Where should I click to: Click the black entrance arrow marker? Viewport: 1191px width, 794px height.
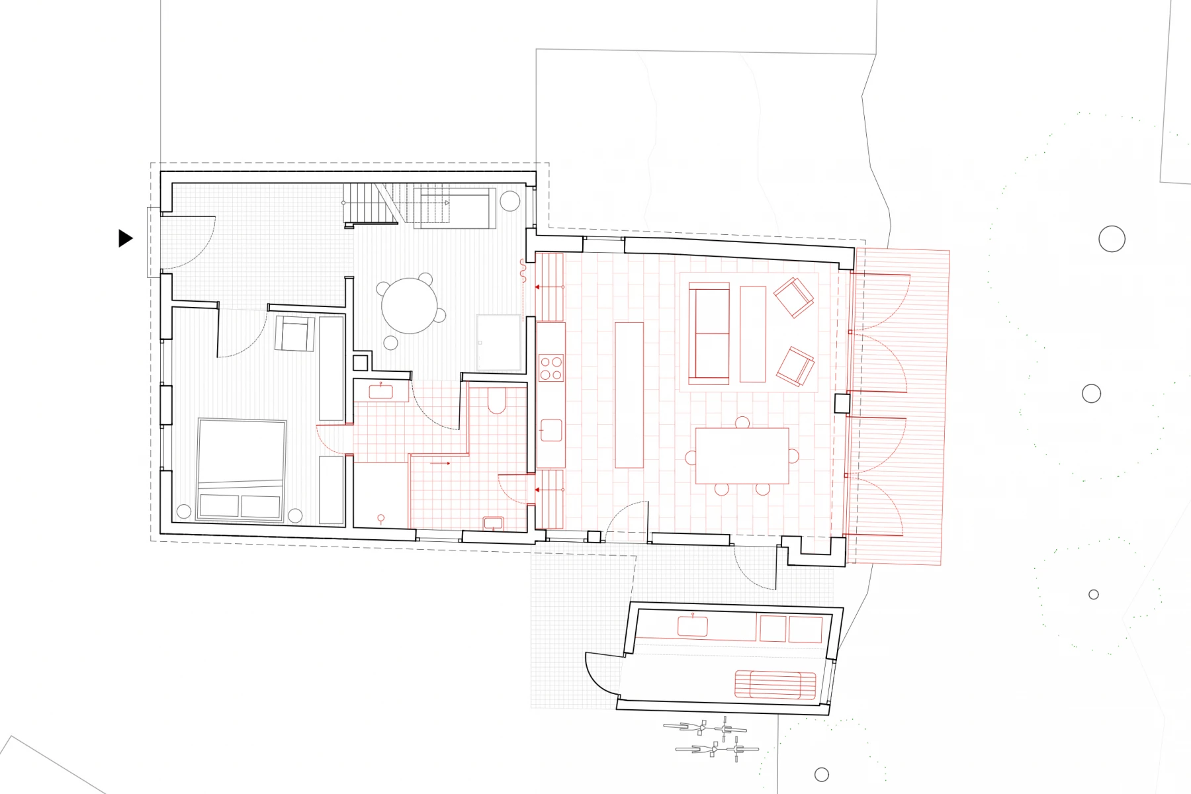tap(125, 238)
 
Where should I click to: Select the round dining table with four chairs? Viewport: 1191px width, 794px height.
tap(410, 306)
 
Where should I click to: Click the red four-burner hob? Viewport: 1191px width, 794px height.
tap(551, 368)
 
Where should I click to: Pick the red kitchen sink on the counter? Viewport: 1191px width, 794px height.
tap(551, 431)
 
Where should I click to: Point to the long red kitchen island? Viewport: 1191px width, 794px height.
tap(629, 395)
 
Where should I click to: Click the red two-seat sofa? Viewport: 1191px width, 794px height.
tap(709, 333)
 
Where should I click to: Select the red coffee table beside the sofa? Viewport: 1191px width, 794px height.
tap(752, 333)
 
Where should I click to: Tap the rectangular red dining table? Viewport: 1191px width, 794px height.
tap(742, 456)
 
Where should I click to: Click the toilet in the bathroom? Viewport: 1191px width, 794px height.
tap(497, 400)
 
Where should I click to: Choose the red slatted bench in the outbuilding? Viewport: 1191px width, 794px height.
tap(775, 685)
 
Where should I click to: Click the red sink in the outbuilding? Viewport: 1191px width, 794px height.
tap(693, 626)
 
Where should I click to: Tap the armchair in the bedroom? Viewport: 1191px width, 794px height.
tap(294, 333)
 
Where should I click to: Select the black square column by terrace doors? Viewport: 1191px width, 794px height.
tap(842, 403)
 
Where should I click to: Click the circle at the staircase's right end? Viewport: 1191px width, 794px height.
tap(509, 201)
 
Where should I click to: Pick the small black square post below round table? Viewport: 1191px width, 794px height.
tap(360, 363)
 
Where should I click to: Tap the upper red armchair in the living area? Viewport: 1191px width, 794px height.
tap(793, 297)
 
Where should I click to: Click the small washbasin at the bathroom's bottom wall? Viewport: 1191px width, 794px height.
tap(493, 523)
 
